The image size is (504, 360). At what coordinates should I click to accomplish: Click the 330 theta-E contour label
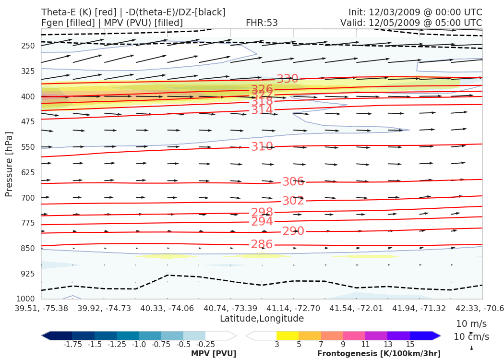(288, 79)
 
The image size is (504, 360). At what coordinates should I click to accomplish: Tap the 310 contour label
(262, 147)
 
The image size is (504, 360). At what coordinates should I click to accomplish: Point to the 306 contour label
(293, 182)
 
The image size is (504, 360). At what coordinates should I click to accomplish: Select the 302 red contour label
(293, 201)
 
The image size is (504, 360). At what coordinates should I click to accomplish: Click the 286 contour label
(262, 244)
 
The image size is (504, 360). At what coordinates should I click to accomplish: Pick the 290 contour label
(293, 231)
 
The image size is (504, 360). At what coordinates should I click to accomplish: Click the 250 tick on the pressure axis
(28, 46)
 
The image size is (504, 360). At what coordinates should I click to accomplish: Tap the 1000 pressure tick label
(26, 299)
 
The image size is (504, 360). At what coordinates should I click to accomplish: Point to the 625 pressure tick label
(28, 172)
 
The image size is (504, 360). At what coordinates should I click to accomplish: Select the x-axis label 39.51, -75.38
(41, 308)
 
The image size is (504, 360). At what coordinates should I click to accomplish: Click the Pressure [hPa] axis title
(9, 164)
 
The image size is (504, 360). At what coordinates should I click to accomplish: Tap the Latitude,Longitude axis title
(262, 319)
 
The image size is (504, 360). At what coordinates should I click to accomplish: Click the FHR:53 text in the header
(262, 23)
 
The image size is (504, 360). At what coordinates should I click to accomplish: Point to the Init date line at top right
(415, 12)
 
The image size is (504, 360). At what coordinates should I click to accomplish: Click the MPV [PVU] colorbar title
(214, 353)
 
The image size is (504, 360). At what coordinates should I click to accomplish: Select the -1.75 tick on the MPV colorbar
(72, 344)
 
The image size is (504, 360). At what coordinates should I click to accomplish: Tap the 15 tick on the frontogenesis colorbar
(409, 344)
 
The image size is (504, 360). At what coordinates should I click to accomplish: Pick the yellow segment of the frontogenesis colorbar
(287, 336)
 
